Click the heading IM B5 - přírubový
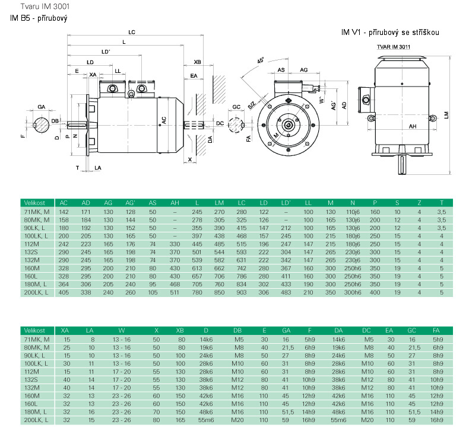click(x=39, y=18)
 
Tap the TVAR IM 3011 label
click(x=394, y=46)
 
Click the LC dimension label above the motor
click(x=131, y=32)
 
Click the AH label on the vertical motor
click(x=413, y=126)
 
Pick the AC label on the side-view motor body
click(x=163, y=120)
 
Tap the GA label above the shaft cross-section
click(x=41, y=106)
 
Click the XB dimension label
click(x=198, y=62)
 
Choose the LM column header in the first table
click(x=219, y=203)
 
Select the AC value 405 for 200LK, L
click(x=64, y=292)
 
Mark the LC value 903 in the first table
click(x=241, y=292)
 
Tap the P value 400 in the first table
click(x=375, y=292)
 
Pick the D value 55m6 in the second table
click(x=206, y=420)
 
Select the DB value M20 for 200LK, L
click(x=239, y=420)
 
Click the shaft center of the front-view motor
click(x=289, y=125)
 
